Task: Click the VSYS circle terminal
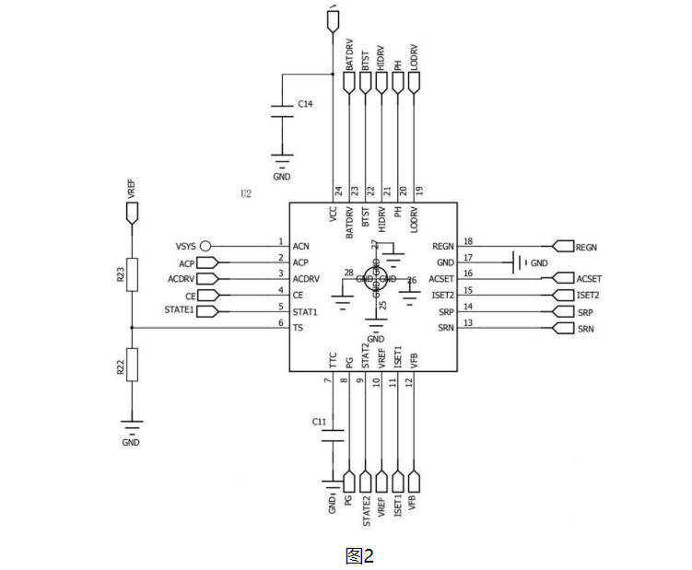point(206,246)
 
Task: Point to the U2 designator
point(245,194)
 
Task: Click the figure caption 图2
point(359,555)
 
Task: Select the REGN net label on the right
point(586,247)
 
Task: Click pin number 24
point(339,191)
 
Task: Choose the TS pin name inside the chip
point(299,327)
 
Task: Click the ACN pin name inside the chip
point(300,246)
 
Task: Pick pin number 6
point(280,321)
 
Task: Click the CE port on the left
point(206,296)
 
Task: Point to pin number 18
point(468,240)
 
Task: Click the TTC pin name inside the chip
point(333,360)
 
